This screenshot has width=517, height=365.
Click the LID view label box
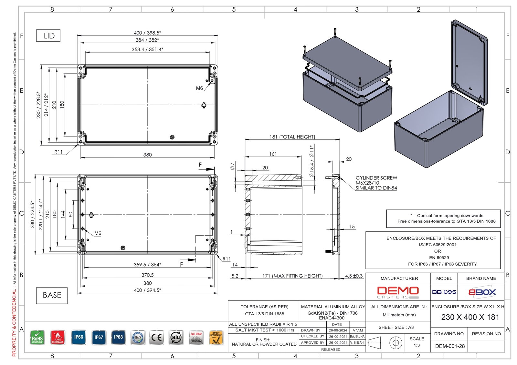click(48, 36)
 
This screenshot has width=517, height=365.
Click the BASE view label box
click(52, 295)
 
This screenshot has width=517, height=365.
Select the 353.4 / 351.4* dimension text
click(147, 49)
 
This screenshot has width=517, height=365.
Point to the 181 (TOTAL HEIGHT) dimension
click(292, 137)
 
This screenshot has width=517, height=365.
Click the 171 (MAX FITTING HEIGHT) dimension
click(292, 276)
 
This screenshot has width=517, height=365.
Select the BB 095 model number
click(444, 292)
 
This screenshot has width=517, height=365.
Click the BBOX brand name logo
click(482, 292)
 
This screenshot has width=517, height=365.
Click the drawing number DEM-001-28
click(450, 346)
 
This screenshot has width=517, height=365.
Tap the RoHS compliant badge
click(37, 338)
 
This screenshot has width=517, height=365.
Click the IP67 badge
click(99, 338)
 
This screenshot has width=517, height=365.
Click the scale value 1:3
click(417, 345)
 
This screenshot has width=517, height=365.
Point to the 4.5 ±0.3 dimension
click(354, 276)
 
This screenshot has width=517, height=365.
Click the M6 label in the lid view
click(199, 88)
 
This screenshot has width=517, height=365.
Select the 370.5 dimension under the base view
click(147, 275)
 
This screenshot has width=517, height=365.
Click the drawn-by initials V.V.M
click(358, 330)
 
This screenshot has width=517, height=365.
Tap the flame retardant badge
click(58, 338)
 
